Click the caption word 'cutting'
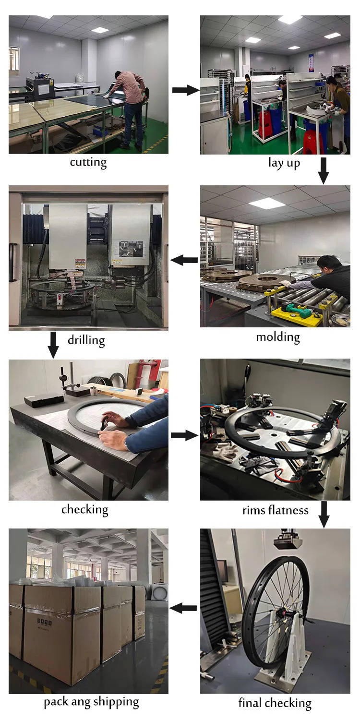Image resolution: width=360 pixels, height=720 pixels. point(88,162)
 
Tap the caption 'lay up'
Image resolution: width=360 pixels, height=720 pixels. point(284,163)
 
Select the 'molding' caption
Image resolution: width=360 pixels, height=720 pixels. point(278,336)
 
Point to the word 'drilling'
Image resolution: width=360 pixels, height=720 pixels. point(86,340)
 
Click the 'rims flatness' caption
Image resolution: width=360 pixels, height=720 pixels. point(275,510)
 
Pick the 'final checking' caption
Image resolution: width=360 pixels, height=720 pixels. point(275,704)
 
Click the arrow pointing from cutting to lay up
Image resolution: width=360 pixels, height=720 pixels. point(185,90)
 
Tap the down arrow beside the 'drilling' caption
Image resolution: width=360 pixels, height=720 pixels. point(53,344)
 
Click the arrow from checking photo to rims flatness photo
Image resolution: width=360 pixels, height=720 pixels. point(184,435)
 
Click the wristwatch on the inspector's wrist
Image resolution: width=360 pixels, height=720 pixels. point(126,445)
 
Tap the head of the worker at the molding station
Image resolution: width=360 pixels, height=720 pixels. point(330,265)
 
